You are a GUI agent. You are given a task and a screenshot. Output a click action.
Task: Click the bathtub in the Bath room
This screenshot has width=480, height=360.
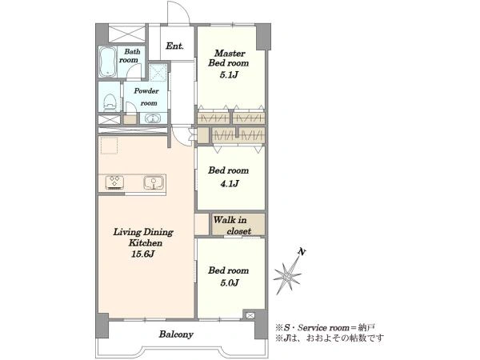click(107, 62)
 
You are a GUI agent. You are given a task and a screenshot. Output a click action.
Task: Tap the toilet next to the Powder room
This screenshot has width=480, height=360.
click(110, 102)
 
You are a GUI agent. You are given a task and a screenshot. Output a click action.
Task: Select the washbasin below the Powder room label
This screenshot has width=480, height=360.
click(152, 118)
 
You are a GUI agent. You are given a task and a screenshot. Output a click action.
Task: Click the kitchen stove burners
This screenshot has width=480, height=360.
click(114, 182)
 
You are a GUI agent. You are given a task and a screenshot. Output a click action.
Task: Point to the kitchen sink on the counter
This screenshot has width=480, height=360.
click(153, 182)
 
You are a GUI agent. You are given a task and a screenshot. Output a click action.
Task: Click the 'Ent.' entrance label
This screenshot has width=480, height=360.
click(174, 46)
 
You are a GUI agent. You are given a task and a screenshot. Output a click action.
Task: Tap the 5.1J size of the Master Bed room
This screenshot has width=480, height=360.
click(229, 74)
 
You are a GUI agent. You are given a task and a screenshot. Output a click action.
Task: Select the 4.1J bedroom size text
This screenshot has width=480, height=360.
click(230, 184)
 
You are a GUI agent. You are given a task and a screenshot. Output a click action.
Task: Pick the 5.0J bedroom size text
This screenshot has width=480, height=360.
click(230, 282)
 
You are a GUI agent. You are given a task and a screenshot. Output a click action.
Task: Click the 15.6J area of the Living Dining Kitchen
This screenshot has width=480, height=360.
click(143, 254)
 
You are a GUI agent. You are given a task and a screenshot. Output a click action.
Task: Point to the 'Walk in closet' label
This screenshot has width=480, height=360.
click(233, 226)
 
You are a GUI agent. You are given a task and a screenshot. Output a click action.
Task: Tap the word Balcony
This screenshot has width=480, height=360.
click(176, 334)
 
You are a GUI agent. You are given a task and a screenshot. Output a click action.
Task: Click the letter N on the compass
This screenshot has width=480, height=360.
click(302, 252)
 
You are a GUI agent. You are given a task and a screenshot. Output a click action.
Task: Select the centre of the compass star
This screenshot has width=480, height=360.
click(288, 277)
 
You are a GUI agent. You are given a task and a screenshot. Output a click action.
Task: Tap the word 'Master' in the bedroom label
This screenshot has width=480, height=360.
click(230, 54)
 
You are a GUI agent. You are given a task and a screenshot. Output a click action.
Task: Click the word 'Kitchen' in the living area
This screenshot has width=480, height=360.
click(146, 242)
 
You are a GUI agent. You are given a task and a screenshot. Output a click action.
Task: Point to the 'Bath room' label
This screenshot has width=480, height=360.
click(130, 56)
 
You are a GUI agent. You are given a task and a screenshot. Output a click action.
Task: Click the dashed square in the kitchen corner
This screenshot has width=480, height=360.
click(109, 146)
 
